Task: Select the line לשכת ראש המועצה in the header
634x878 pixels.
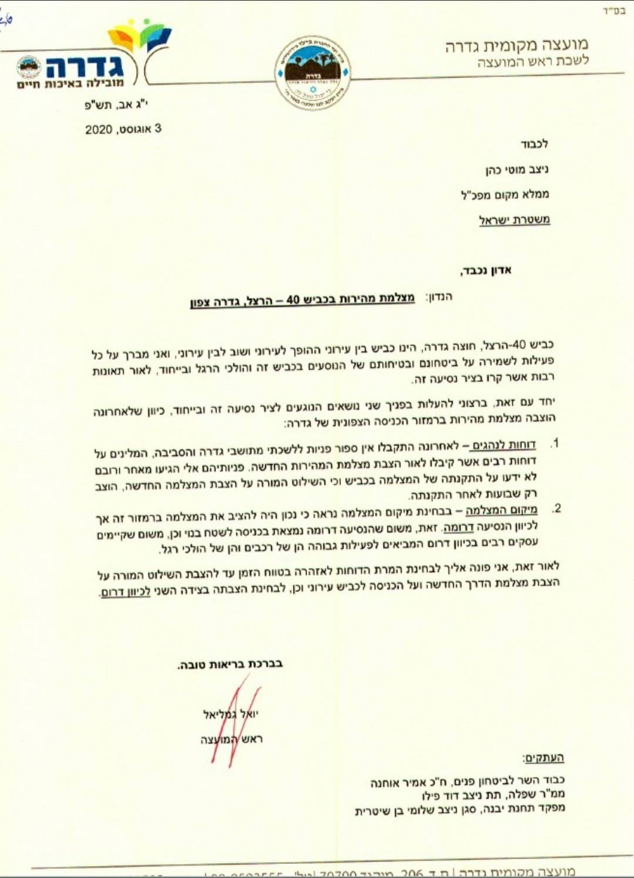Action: pyautogui.click(x=532, y=61)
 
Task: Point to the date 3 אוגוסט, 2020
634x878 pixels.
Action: pyautogui.click(x=123, y=129)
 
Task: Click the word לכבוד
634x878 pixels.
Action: pyautogui.click(x=534, y=144)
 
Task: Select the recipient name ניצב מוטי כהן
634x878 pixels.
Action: pyautogui.click(x=517, y=170)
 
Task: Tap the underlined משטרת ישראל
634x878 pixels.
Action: pyautogui.click(x=514, y=220)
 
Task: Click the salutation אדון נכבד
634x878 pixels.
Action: pyautogui.click(x=485, y=271)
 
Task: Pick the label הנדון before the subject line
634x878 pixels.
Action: pyautogui.click(x=439, y=297)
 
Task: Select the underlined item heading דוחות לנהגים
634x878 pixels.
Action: pyautogui.click(x=504, y=445)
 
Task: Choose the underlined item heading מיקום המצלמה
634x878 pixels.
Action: pyautogui.click(x=501, y=509)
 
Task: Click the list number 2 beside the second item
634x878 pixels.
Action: pyautogui.click(x=557, y=508)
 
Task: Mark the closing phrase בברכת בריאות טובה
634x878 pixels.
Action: pyautogui.click(x=230, y=664)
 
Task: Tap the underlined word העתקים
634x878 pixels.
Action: pyautogui.click(x=543, y=758)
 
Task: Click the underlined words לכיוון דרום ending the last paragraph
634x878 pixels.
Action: pyautogui.click(x=126, y=592)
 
